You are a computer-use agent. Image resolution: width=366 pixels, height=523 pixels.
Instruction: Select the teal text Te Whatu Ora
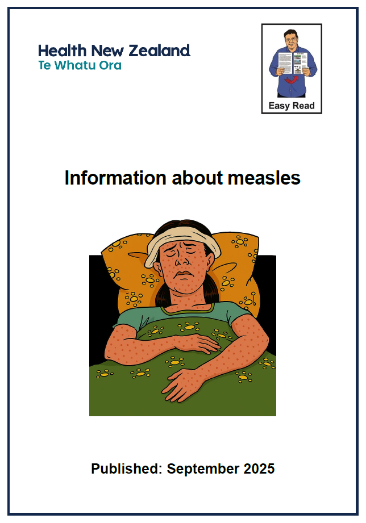pos(80,65)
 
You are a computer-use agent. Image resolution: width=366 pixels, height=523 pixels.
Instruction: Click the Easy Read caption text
pos(292,106)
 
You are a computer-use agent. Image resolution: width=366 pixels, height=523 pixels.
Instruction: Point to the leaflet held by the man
pos(292,62)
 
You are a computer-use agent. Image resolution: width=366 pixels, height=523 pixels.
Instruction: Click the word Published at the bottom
pos(126,469)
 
